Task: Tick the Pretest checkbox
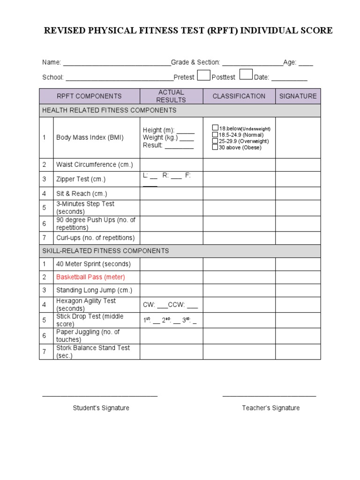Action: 203,75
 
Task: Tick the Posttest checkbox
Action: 246,75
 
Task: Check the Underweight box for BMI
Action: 215,128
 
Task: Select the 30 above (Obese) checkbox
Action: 215,147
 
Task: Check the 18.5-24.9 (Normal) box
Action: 215,135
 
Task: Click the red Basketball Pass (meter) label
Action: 90,277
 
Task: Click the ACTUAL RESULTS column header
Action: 171,96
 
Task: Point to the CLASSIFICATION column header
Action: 239,96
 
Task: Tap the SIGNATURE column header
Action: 298,96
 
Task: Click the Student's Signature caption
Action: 101,408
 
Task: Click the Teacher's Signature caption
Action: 270,408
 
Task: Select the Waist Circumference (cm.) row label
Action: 95,165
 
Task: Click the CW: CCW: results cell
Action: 171,305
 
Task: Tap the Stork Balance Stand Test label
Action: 93,352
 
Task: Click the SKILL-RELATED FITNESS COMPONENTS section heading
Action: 105,251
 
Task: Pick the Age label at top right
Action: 290,62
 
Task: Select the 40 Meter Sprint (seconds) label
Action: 93,264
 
